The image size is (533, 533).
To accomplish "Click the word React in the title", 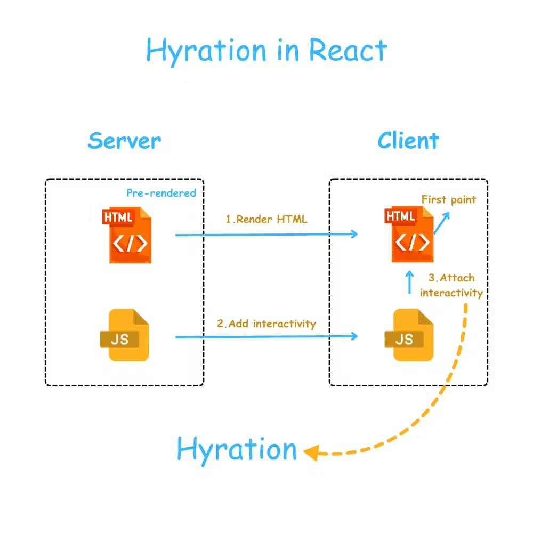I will tap(348, 51).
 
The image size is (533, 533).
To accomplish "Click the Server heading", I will tap(124, 141).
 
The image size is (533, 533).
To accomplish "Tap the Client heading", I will tap(408, 141).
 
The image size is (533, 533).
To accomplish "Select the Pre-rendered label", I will tap(161, 193).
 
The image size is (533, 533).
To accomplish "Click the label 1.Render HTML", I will tap(266, 219).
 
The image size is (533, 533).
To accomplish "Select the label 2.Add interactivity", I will tap(266, 324).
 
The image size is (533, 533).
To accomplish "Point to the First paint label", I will tap(449, 199).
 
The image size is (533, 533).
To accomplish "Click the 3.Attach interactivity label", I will tap(451, 285).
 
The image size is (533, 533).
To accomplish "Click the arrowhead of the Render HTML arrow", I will tap(354, 233).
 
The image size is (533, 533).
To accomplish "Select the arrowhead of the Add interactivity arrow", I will tap(354, 335).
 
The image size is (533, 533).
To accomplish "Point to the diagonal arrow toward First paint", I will tap(441, 222).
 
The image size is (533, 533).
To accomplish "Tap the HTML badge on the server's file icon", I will tap(118, 217).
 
